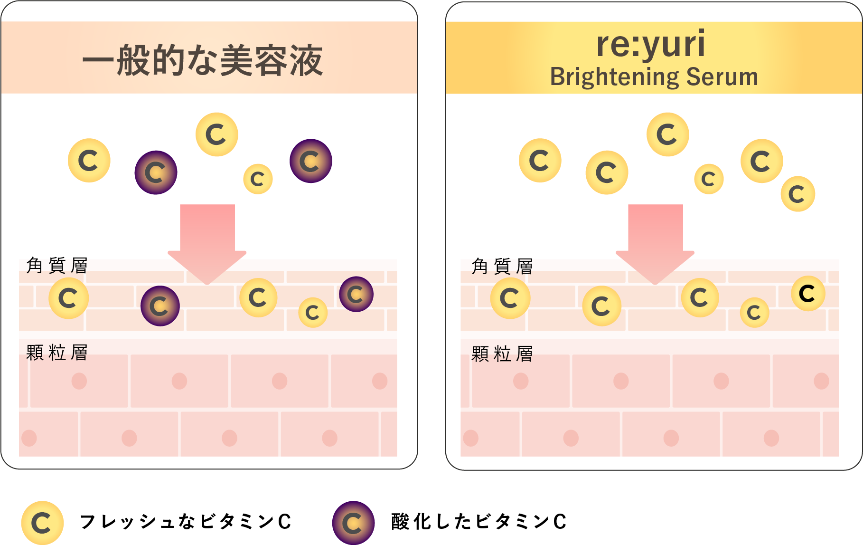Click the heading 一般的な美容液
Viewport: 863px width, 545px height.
pyautogui.click(x=203, y=61)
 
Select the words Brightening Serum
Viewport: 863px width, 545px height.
pyautogui.click(x=654, y=76)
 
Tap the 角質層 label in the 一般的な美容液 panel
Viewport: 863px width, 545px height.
pyautogui.click(x=57, y=265)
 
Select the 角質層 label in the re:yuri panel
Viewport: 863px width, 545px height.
pyautogui.click(x=502, y=266)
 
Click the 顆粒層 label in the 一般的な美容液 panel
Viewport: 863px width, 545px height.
pyautogui.click(x=57, y=353)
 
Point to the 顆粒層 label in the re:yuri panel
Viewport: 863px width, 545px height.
pyautogui.click(x=502, y=354)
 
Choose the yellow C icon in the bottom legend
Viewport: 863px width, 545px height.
pyautogui.click(x=42, y=523)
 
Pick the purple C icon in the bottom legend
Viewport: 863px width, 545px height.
pyautogui.click(x=353, y=523)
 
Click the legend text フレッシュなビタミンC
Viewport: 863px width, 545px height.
pyautogui.click(x=185, y=522)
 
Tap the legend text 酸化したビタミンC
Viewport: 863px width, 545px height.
pyautogui.click(x=478, y=522)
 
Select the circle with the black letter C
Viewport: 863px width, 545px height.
pyautogui.click(x=808, y=294)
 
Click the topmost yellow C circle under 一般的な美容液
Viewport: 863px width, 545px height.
pyautogui.click(x=217, y=134)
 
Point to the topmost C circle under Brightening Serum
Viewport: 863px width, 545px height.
pyautogui.click(x=667, y=134)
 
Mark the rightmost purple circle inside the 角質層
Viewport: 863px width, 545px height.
pyautogui.click(x=356, y=294)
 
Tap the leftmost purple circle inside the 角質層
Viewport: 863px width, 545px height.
pyautogui.click(x=160, y=306)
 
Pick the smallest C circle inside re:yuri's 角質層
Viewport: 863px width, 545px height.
pyautogui.click(x=754, y=312)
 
